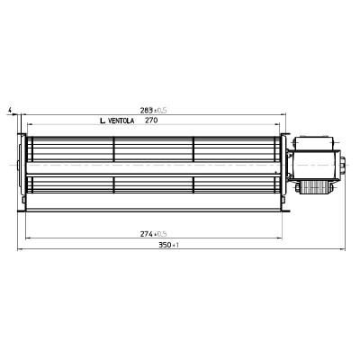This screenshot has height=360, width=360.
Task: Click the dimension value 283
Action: click(x=146, y=110)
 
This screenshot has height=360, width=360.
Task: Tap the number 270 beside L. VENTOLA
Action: click(x=151, y=120)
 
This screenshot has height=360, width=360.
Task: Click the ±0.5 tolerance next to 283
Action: click(x=162, y=110)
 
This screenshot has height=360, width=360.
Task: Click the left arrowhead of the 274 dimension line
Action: click(x=28, y=240)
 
